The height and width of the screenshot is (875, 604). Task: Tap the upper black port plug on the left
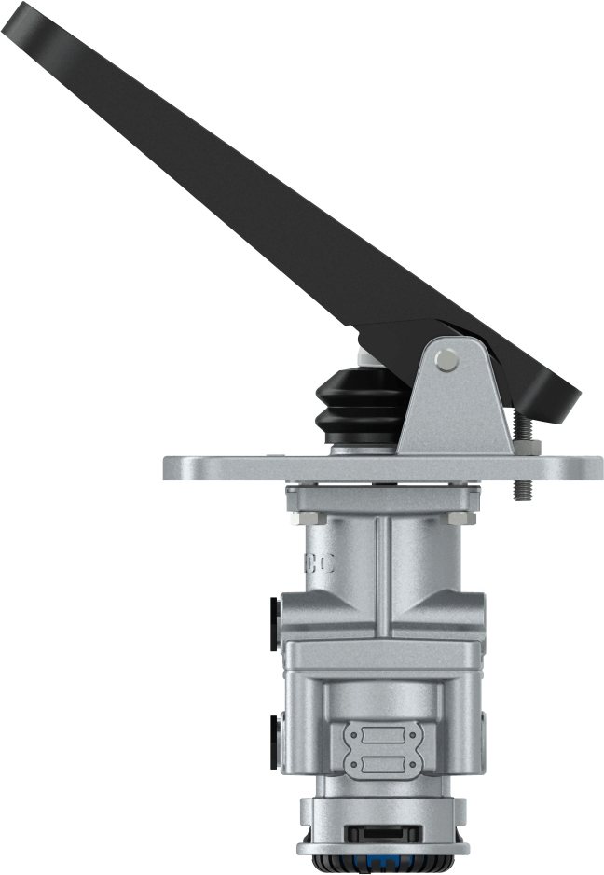tap(274, 623)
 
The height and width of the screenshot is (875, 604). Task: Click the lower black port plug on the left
tap(274, 742)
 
